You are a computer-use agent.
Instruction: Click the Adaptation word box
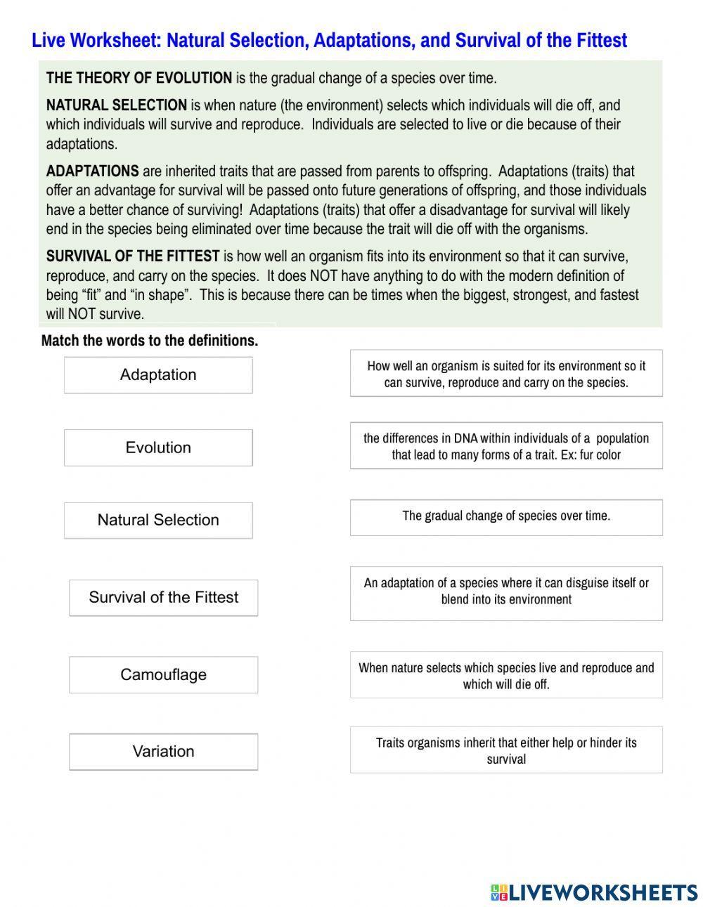tap(158, 375)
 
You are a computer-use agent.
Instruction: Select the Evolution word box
tap(158, 448)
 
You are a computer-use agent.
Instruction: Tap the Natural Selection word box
tap(158, 521)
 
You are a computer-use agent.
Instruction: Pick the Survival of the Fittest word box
tap(163, 598)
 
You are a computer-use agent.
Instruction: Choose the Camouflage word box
tap(163, 675)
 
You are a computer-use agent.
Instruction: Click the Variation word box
tap(163, 752)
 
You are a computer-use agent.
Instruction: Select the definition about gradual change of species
tap(506, 517)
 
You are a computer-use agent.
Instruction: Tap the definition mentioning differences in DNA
tap(506, 446)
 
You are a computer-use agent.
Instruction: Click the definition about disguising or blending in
tap(506, 592)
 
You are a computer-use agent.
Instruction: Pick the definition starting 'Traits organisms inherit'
tap(506, 750)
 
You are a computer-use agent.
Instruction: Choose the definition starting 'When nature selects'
tap(506, 675)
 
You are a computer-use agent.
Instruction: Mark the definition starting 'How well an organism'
tap(506, 374)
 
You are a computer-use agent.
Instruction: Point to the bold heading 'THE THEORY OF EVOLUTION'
tap(138, 78)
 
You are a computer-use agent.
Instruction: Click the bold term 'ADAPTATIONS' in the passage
tap(92, 171)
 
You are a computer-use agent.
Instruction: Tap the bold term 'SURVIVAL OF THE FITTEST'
tap(133, 256)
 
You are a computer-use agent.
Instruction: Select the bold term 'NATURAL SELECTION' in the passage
tap(116, 105)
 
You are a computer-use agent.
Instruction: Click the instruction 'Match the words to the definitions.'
tap(150, 341)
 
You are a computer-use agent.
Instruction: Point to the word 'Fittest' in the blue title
tap(601, 41)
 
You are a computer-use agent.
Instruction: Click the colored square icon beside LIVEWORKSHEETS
tap(498, 892)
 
